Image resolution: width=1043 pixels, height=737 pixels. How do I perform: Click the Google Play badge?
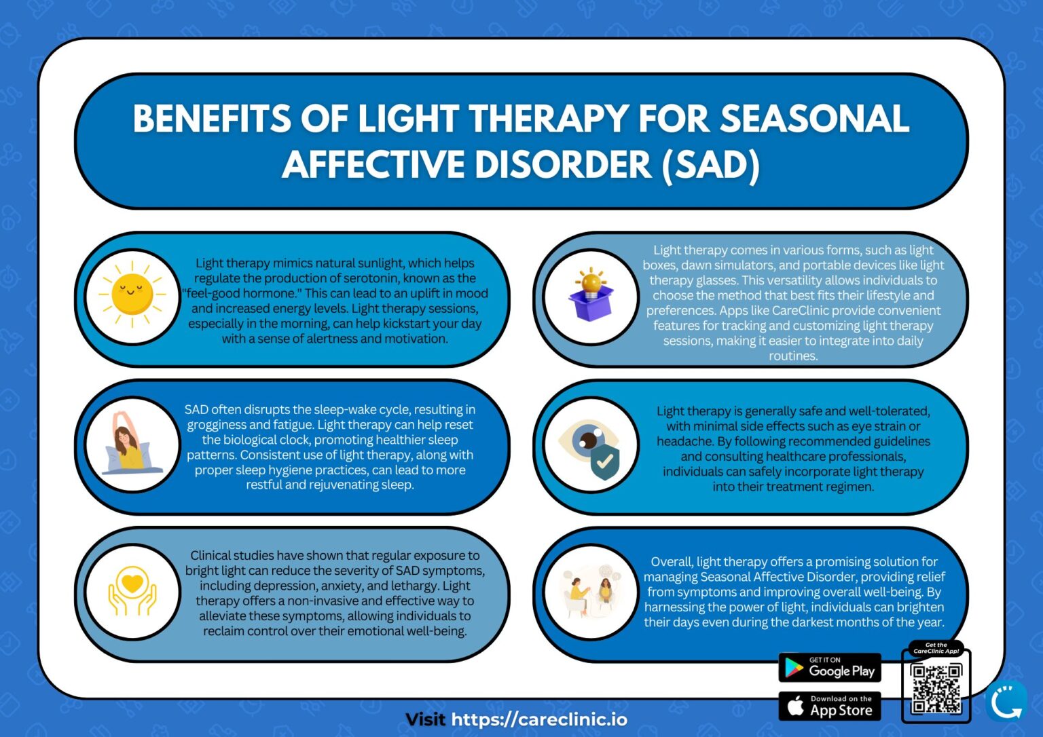click(829, 668)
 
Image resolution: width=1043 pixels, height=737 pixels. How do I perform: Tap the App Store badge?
click(829, 706)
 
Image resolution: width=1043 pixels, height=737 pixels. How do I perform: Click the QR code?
click(936, 687)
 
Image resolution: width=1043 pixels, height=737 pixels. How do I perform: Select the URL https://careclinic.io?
click(539, 719)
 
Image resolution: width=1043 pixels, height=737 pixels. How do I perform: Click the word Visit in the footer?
click(425, 719)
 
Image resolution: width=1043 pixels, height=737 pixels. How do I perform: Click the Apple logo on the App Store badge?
click(795, 706)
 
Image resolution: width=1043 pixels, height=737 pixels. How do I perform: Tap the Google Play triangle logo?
click(793, 668)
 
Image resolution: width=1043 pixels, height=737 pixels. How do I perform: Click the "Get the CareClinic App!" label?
click(936, 648)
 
